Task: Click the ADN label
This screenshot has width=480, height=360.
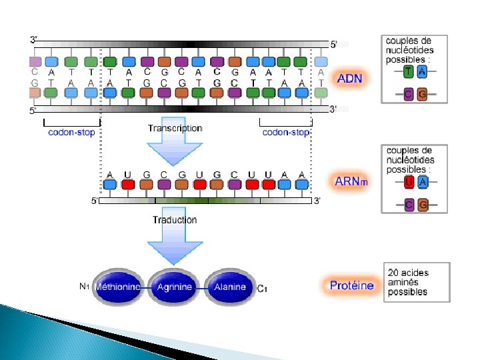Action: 349,78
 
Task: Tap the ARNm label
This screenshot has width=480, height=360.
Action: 351,181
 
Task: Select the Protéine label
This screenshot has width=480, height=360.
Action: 351,285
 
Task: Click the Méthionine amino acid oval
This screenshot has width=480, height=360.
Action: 118,287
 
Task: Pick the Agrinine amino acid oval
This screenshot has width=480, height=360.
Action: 174,287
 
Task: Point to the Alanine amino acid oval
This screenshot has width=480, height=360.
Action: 229,287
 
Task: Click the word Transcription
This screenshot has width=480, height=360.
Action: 175,128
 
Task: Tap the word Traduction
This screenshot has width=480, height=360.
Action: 175,219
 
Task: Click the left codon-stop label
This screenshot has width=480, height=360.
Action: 71,132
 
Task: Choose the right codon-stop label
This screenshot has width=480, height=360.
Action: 285,132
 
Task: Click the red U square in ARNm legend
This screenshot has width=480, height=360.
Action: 408,181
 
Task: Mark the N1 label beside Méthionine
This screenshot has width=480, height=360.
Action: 84,287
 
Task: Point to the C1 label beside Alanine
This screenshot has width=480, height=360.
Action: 262,288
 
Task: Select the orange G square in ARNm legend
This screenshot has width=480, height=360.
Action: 423,205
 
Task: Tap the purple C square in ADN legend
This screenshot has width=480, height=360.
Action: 408,95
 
